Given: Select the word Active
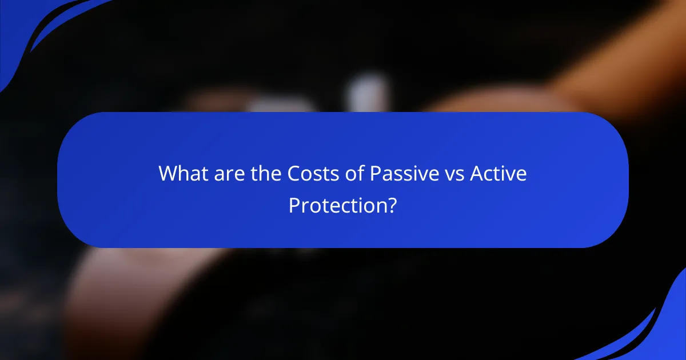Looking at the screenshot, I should (498, 174).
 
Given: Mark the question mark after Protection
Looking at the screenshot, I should (392, 205).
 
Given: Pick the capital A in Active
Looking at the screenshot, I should (477, 174).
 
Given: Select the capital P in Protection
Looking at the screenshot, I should (294, 205).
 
